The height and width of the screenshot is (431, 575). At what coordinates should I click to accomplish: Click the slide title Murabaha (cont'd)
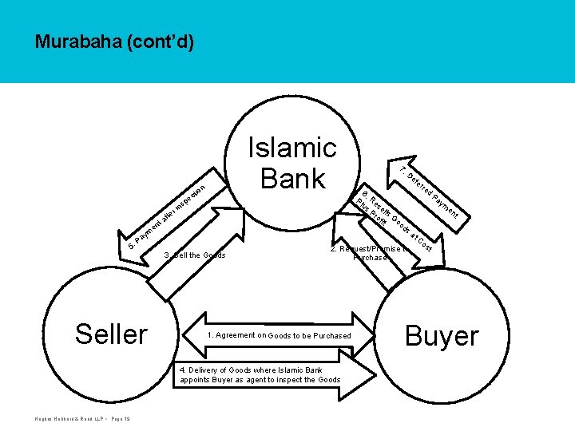point(114,42)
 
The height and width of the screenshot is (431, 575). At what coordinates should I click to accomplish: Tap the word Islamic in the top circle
point(292,148)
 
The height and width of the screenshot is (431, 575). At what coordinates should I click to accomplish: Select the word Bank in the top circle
point(292,178)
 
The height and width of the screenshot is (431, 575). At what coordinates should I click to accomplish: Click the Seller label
point(111,334)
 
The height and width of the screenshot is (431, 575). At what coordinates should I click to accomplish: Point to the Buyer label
point(442,336)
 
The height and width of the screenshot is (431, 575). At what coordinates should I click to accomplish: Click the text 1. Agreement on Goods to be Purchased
point(279,336)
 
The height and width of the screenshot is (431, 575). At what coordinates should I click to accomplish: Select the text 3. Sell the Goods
point(195,255)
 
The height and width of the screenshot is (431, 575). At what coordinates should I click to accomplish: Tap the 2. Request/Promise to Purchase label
point(368,253)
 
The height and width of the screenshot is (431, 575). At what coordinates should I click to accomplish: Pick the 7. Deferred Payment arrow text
point(430,193)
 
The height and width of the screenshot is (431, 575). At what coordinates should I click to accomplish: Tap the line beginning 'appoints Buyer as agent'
point(260,380)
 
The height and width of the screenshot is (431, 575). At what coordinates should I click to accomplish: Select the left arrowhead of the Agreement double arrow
point(194,335)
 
